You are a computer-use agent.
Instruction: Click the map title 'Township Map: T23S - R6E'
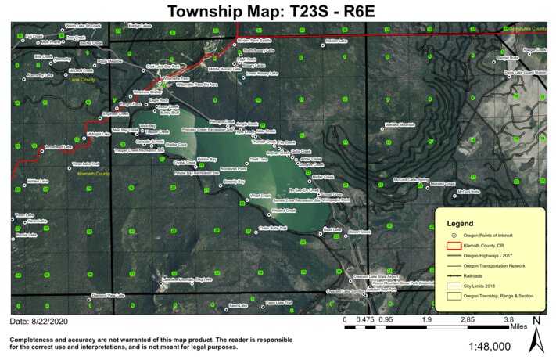tap(278, 10)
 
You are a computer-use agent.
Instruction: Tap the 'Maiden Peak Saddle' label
tap(254, 40)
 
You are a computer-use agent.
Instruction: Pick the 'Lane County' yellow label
tap(81, 80)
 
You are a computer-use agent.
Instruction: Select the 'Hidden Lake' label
tap(38, 181)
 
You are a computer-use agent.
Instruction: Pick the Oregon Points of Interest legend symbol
tap(454, 236)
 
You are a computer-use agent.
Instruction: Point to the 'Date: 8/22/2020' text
tap(40, 322)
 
